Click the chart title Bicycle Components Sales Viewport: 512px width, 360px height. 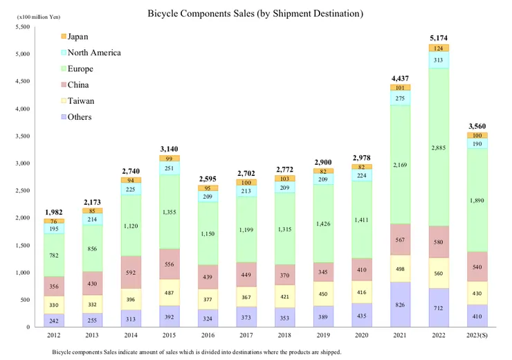click(255, 13)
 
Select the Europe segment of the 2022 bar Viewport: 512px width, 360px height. click(437, 147)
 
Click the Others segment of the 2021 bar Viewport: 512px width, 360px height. click(399, 305)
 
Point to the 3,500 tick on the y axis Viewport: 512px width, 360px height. click(24, 136)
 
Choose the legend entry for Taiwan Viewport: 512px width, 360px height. click(80, 101)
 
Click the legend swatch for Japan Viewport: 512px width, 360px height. click(63, 37)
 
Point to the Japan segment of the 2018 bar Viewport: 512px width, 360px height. click(285, 179)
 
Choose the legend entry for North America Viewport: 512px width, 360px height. click(94, 53)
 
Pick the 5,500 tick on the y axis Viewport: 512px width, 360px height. click(24, 27)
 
